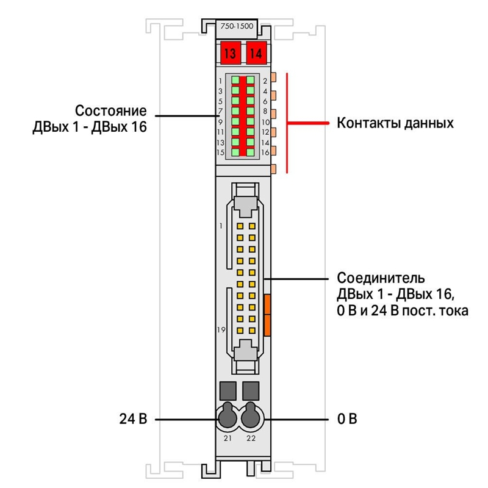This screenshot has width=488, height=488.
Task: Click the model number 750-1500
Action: pyautogui.click(x=237, y=26)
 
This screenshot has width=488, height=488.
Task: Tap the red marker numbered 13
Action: pyautogui.click(x=231, y=53)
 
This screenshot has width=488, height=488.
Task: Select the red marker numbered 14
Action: pyautogui.click(x=256, y=53)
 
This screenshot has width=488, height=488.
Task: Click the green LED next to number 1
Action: pyautogui.click(x=235, y=81)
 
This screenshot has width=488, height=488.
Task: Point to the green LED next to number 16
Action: pyautogui.click(x=250, y=152)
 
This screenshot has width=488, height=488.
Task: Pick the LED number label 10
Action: pyautogui.click(x=265, y=122)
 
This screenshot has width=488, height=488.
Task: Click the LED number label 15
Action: pyautogui.click(x=220, y=152)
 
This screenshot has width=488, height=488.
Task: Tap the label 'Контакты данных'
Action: pyautogui.click(x=395, y=123)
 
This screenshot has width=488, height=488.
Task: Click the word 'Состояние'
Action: pyautogui.click(x=111, y=111)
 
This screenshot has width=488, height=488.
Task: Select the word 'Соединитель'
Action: pyautogui.click(x=381, y=278)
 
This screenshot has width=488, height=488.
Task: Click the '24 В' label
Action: pyautogui.click(x=133, y=419)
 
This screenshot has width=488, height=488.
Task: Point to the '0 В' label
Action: pyautogui.click(x=347, y=419)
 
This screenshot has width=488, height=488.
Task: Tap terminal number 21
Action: pyautogui.click(x=228, y=438)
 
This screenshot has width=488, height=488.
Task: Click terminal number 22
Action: pyautogui.click(x=251, y=438)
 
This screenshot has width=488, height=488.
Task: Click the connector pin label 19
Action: pyautogui.click(x=221, y=329)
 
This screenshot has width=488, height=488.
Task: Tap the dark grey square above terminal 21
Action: pyautogui.click(x=228, y=391)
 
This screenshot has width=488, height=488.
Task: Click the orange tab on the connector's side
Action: pyautogui.click(x=267, y=315)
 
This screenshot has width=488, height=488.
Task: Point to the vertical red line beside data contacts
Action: pyautogui.click(x=287, y=123)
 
